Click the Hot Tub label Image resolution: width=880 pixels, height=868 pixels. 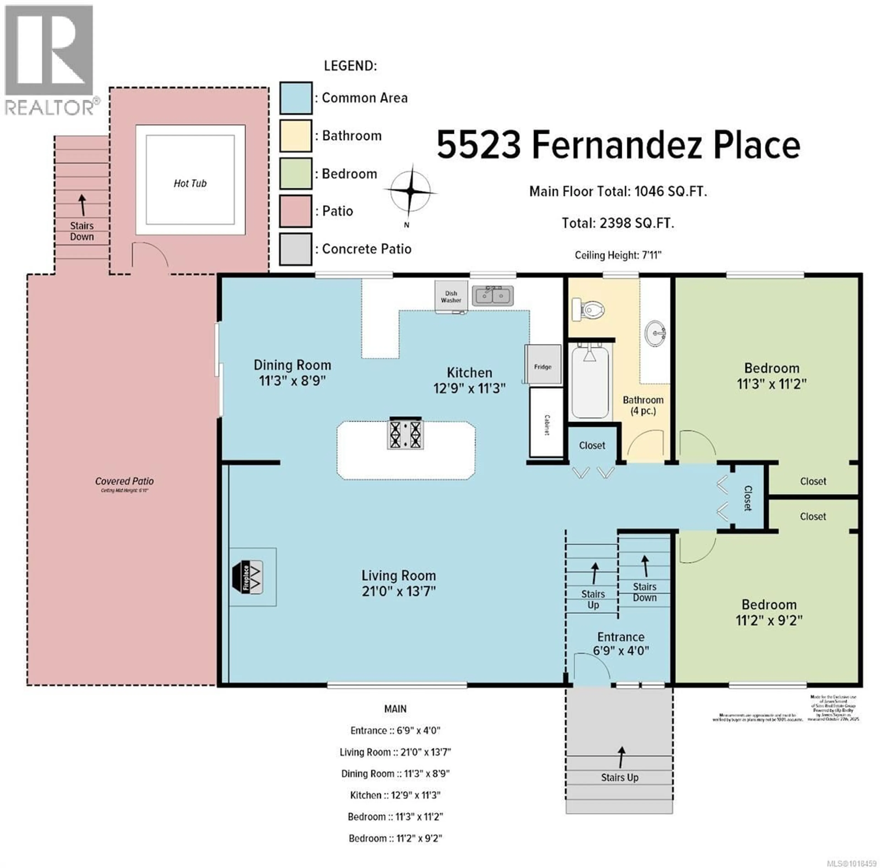(190, 183)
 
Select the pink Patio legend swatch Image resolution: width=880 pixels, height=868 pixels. (296, 211)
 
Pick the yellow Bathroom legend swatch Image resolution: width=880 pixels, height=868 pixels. (296, 135)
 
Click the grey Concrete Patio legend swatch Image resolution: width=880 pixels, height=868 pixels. (296, 249)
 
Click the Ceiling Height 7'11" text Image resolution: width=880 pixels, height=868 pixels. (618, 255)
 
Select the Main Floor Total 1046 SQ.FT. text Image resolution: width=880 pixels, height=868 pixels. (618, 191)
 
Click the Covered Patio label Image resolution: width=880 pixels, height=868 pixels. (124, 481)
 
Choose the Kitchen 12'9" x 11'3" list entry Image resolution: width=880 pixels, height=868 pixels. (395, 795)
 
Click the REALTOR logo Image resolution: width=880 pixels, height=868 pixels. (50, 59)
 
